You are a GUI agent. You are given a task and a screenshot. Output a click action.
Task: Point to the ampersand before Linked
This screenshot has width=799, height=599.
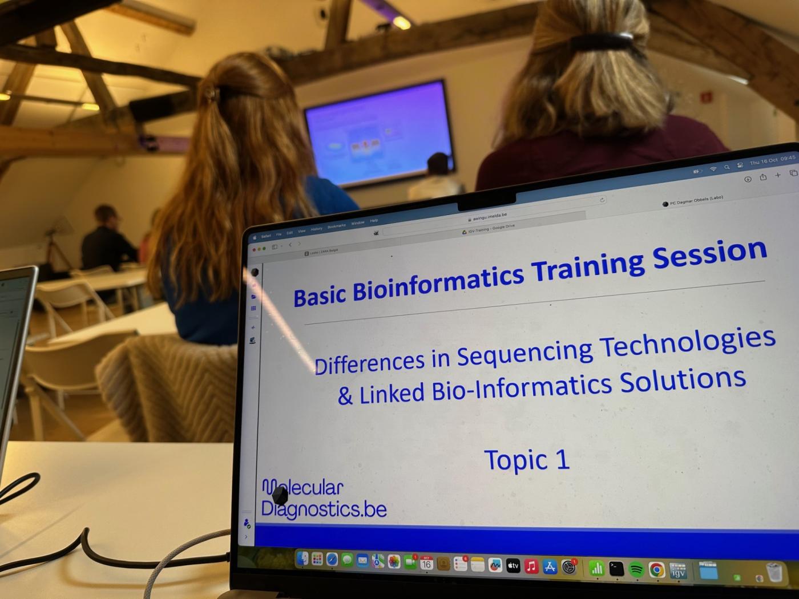pos(345,396)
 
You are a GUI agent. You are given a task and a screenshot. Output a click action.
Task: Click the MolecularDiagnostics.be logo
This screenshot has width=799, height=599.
pos(323,499)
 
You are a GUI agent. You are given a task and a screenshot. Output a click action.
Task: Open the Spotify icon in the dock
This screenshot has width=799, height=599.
pos(636,569)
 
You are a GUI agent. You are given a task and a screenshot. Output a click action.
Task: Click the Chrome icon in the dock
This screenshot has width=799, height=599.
pos(656,569)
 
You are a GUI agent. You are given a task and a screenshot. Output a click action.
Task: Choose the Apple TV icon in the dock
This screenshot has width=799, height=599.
pos(513,566)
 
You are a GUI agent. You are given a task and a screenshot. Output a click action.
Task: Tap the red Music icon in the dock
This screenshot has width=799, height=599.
pos(531,566)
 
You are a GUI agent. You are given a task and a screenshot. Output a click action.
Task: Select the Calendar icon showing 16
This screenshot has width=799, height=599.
pos(426,564)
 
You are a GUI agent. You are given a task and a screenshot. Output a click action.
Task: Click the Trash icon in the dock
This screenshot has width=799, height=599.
pos(774,572)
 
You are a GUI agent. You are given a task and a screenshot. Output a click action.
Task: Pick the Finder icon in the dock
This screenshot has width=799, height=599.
pos(302,559)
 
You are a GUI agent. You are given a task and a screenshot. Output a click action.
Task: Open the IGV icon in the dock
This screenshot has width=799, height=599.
pos(677,570)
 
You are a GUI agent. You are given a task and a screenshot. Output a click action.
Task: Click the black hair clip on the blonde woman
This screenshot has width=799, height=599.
pos(602,41)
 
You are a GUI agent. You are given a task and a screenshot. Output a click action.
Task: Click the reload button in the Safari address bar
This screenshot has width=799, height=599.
pos(602,200)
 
